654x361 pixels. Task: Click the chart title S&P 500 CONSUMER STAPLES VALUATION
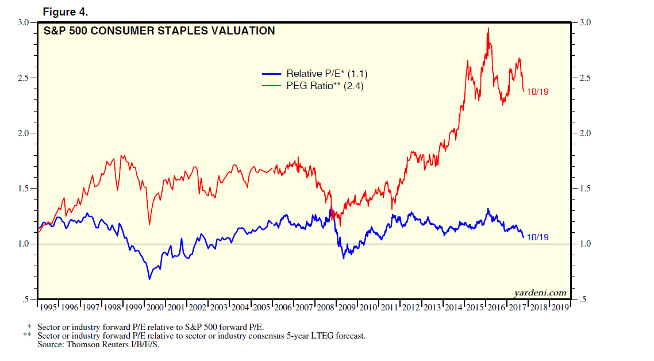click(x=159, y=31)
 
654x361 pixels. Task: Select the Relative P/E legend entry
click(x=326, y=74)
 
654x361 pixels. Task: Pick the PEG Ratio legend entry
click(x=325, y=86)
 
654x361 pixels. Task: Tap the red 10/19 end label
click(x=538, y=91)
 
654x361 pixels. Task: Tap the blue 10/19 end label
click(x=538, y=237)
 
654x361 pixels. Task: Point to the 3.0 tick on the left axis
click(x=24, y=22)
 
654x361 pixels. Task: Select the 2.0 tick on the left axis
click(x=24, y=133)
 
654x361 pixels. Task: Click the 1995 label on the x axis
click(x=48, y=307)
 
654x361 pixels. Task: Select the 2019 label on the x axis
click(x=560, y=307)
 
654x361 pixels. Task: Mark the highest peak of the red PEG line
click(x=488, y=28)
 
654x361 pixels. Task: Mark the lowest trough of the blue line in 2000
click(x=149, y=279)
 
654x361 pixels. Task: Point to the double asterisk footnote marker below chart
click(x=27, y=335)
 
